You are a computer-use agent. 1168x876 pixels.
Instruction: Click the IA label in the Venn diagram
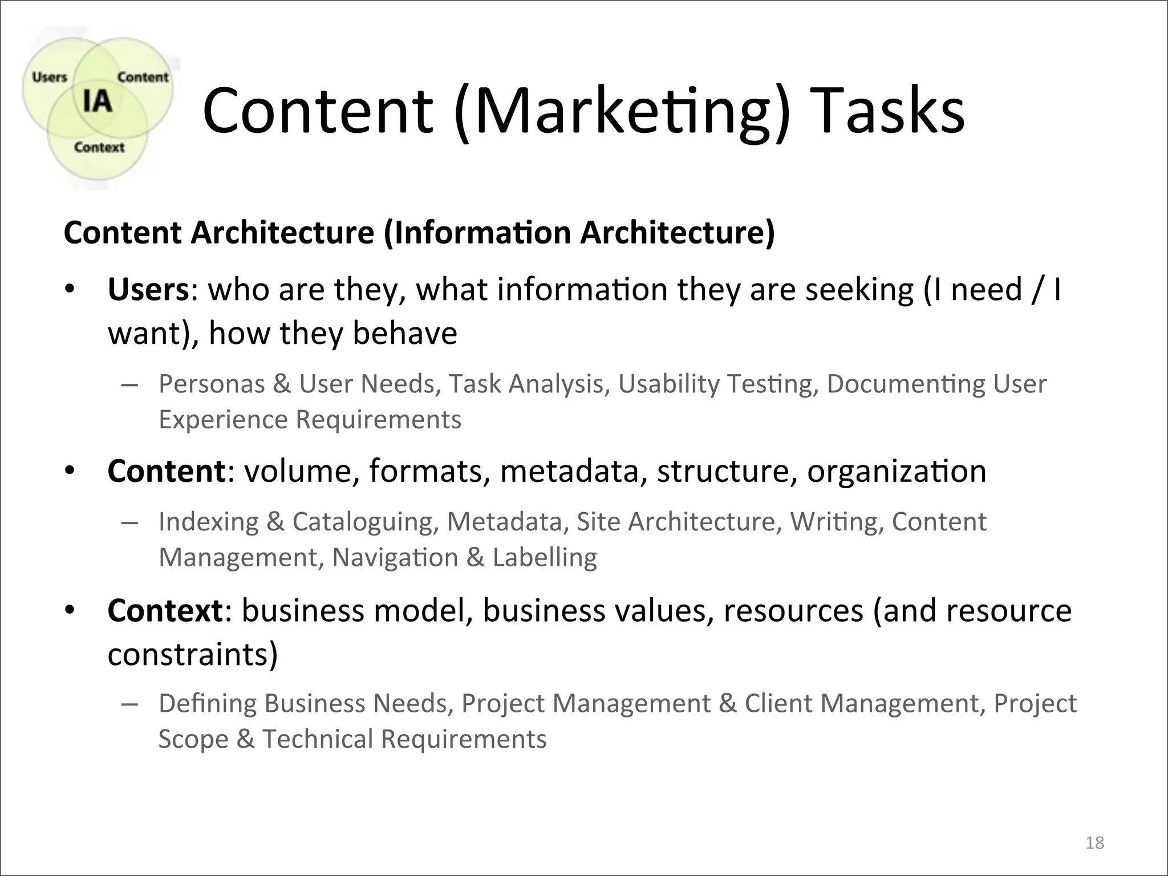point(97,101)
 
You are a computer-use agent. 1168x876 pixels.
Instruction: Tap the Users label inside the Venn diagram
point(50,77)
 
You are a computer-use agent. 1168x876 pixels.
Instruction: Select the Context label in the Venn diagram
point(99,147)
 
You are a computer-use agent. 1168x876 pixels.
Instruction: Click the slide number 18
point(1094,842)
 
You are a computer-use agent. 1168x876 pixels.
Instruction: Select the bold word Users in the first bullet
point(148,290)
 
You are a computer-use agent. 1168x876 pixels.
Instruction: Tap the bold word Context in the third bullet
point(165,610)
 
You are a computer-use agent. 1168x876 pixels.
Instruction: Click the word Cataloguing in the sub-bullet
point(366,522)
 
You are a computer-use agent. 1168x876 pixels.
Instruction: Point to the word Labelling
point(545,557)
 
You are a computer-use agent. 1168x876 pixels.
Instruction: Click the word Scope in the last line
point(193,739)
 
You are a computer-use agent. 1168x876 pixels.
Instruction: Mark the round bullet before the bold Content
point(70,472)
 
